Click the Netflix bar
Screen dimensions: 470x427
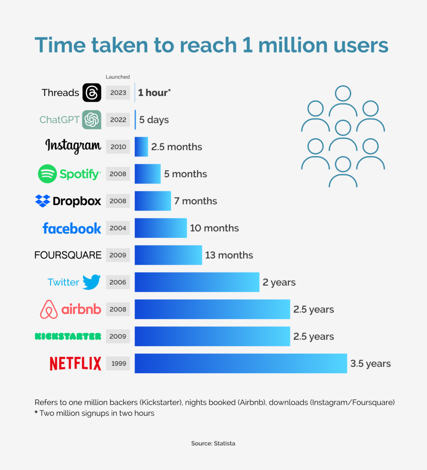click(x=241, y=364)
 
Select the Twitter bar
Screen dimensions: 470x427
click(x=197, y=282)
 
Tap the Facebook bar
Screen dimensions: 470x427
click(x=161, y=228)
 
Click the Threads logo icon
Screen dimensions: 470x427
click(x=92, y=93)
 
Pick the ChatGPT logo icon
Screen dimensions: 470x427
click(x=92, y=120)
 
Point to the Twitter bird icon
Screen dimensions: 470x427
click(x=92, y=282)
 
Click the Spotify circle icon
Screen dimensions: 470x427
click(x=47, y=174)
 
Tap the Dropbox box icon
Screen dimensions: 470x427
click(x=42, y=201)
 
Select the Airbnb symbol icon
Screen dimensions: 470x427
click(x=49, y=309)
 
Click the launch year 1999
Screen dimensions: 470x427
click(x=118, y=364)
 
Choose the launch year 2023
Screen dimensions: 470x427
click(x=118, y=93)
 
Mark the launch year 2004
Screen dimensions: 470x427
click(x=118, y=228)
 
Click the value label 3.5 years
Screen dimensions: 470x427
click(x=371, y=364)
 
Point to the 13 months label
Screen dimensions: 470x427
click(x=229, y=255)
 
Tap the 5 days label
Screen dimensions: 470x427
click(x=154, y=120)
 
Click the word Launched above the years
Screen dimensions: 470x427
click(x=118, y=77)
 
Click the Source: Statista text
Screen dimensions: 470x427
click(x=213, y=443)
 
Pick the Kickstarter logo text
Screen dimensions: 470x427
click(x=68, y=336)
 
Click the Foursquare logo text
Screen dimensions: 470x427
click(x=68, y=255)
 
